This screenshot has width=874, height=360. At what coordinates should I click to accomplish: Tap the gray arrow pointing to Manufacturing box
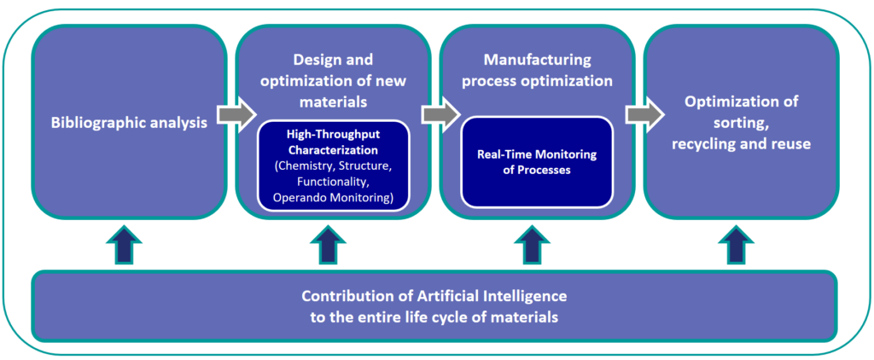(440, 115)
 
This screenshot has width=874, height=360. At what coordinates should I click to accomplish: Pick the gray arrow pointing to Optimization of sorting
(645, 115)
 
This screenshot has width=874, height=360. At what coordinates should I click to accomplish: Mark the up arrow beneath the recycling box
(737, 244)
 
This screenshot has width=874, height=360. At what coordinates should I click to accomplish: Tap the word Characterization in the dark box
(333, 150)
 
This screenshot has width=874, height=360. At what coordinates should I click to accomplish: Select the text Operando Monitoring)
(333, 197)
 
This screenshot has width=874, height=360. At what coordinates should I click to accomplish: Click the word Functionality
(333, 181)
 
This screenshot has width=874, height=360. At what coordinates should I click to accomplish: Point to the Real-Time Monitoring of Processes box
(537, 162)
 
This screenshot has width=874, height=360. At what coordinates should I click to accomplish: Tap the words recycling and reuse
(742, 144)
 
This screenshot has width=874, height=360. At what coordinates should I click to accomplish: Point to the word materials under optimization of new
(333, 102)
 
